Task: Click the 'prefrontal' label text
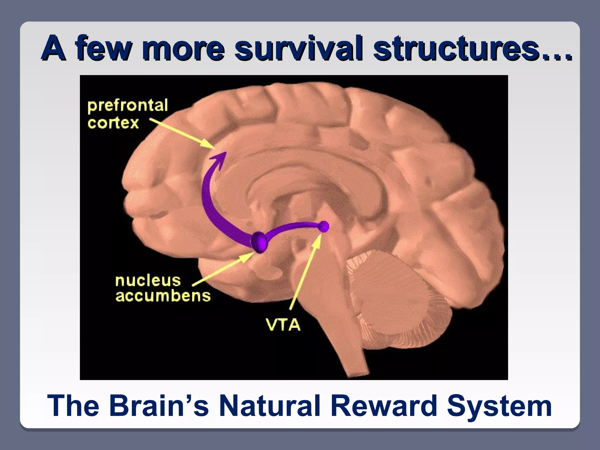coord(128,106)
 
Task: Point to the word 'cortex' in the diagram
coord(113,123)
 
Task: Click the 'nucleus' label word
coord(148,280)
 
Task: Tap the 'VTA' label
coord(283,325)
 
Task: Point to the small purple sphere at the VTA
coord(324,226)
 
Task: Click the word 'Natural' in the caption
coord(270,406)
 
